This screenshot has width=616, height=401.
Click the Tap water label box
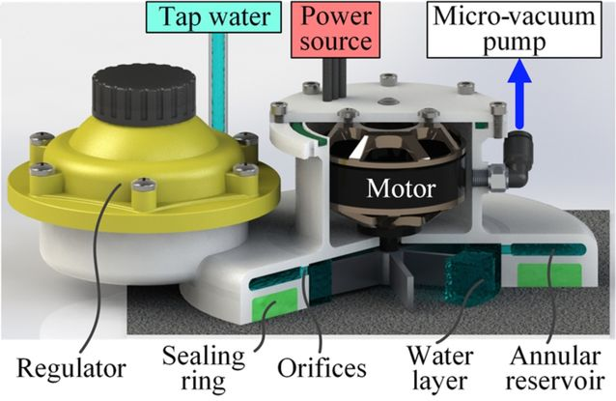pos(213,16)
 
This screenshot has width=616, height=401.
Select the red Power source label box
pos(335,30)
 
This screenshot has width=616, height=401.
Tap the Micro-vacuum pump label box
pos(514,30)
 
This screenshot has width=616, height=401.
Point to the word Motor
pos(401,188)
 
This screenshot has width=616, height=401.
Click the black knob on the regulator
pos(144,94)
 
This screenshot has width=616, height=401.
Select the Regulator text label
pos(71,369)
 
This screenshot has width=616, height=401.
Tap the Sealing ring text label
pos(203,368)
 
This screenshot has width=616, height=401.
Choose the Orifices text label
pos(322,368)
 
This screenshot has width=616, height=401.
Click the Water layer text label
pos(439,368)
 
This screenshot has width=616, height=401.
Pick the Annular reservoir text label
pos(555,368)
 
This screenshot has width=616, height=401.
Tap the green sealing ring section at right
pos(549,274)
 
